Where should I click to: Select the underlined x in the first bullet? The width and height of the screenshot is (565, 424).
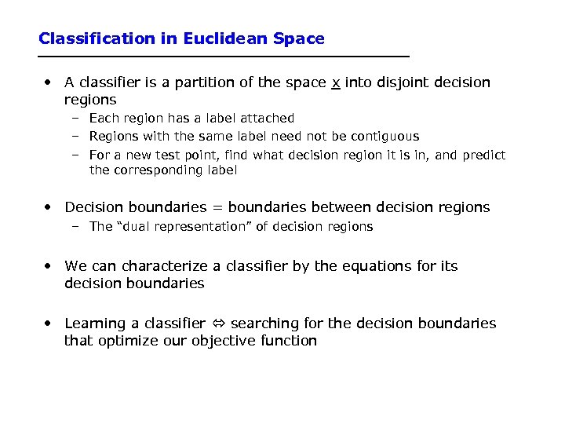click(336, 82)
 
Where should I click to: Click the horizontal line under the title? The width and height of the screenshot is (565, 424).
click(224, 57)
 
